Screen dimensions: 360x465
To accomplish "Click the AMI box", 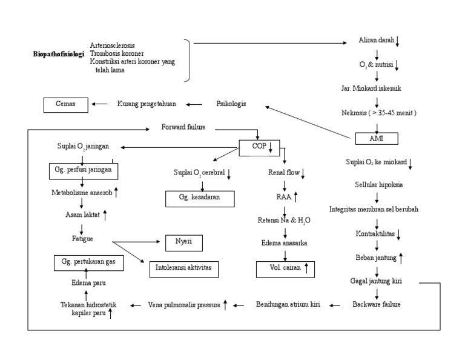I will pyautogui.click(x=376, y=138).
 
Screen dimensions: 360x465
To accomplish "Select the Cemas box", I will pyautogui.click(x=66, y=104).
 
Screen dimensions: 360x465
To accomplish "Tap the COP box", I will pyautogui.click(x=259, y=147).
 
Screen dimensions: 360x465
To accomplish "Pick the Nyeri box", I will pyautogui.click(x=184, y=243).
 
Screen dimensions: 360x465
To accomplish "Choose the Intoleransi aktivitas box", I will pyautogui.click(x=184, y=268).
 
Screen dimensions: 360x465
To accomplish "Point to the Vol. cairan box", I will pyautogui.click(x=285, y=268).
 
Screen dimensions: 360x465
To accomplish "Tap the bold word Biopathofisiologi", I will pyautogui.click(x=59, y=55).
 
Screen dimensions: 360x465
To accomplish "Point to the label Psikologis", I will pyautogui.click(x=231, y=104).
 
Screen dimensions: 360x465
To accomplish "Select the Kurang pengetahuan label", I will pyautogui.click(x=147, y=104).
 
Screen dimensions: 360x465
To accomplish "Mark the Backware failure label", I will pyautogui.click(x=377, y=304).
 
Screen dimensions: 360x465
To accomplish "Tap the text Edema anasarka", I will pyautogui.click(x=285, y=243).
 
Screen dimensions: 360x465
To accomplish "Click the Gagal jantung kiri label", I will pyautogui.click(x=376, y=281).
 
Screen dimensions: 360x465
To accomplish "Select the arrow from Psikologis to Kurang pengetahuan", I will pyautogui.click(x=195, y=104).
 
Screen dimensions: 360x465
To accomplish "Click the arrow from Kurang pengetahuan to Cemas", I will pyautogui.click(x=99, y=104).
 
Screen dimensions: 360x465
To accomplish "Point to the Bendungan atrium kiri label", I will pyautogui.click(x=288, y=304).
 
